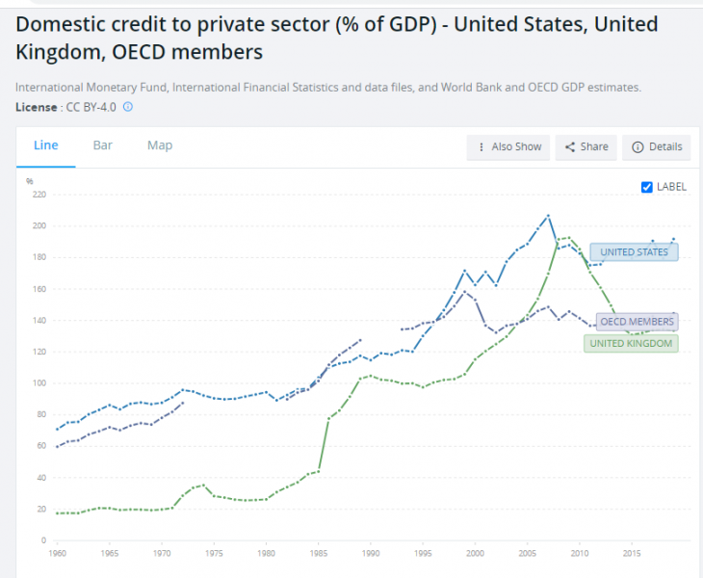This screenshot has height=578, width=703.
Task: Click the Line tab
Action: point(46,145)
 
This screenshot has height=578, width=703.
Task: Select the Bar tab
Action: point(103,145)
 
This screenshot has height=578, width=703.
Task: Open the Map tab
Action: point(160,145)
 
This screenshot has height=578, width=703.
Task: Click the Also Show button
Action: point(508,146)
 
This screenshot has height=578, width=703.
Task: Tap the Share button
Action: point(586,146)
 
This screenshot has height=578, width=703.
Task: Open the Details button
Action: point(657,146)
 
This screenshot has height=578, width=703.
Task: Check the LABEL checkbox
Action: point(647,187)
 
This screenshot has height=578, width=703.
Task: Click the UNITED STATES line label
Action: point(635,252)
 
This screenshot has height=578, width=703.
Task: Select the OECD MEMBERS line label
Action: point(637,322)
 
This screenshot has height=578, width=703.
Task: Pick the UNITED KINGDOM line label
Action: point(631,343)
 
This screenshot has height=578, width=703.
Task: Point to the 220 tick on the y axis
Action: point(39,195)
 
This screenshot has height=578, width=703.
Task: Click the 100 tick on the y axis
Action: point(39,383)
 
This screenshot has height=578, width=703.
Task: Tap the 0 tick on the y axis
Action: point(44,539)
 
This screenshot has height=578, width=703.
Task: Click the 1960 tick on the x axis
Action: point(58,554)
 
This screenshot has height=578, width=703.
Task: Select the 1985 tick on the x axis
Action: point(319,554)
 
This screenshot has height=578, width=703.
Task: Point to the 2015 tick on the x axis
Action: point(632,554)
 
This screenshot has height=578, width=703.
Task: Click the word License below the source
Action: point(37,106)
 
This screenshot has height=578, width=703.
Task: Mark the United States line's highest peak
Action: point(548,215)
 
